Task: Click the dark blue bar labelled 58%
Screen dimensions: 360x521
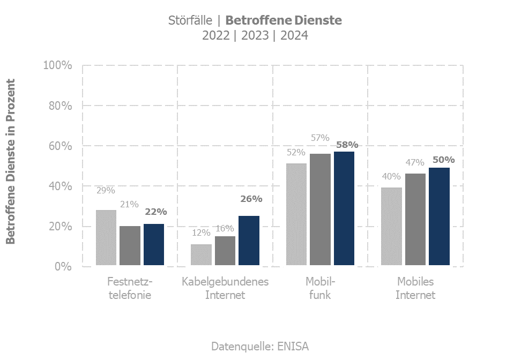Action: (x=344, y=208)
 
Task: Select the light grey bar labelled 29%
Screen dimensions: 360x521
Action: (x=106, y=237)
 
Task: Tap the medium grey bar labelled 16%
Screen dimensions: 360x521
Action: (x=225, y=251)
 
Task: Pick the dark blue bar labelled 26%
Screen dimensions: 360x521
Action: (x=249, y=241)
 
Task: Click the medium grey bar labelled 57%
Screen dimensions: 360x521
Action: (x=321, y=209)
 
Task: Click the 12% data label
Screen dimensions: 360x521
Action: (x=202, y=233)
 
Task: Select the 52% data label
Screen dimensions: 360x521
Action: (x=296, y=152)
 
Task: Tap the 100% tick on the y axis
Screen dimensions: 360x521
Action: (x=57, y=65)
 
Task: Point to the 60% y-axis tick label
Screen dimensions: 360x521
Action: (x=60, y=146)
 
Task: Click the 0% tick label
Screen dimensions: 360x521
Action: (x=63, y=266)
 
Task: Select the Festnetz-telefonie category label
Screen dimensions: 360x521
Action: (x=130, y=288)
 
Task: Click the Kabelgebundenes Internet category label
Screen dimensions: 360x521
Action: (x=225, y=288)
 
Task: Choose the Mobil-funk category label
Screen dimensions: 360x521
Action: (x=320, y=288)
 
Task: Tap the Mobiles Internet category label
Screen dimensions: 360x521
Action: (x=415, y=288)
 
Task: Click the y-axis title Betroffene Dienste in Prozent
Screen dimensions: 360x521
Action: (x=11, y=161)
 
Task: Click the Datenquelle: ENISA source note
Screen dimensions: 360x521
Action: (x=260, y=346)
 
